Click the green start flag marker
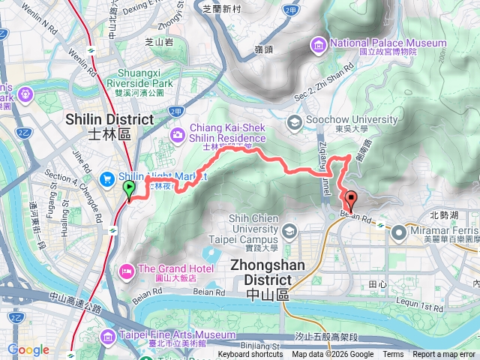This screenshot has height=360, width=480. point(128,188)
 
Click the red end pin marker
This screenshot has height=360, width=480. point(350,200)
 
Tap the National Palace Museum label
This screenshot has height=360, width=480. point(388,43)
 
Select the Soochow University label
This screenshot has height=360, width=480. point(352,120)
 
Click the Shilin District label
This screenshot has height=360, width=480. point(109,119)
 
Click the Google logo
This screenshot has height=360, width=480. point(28,349)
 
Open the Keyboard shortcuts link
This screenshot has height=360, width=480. point(251,355)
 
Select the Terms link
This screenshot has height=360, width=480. point(393,355)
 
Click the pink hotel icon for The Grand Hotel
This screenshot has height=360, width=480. point(124,269)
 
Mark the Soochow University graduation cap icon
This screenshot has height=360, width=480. point(294,121)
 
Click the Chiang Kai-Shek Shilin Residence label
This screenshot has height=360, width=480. point(228,133)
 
